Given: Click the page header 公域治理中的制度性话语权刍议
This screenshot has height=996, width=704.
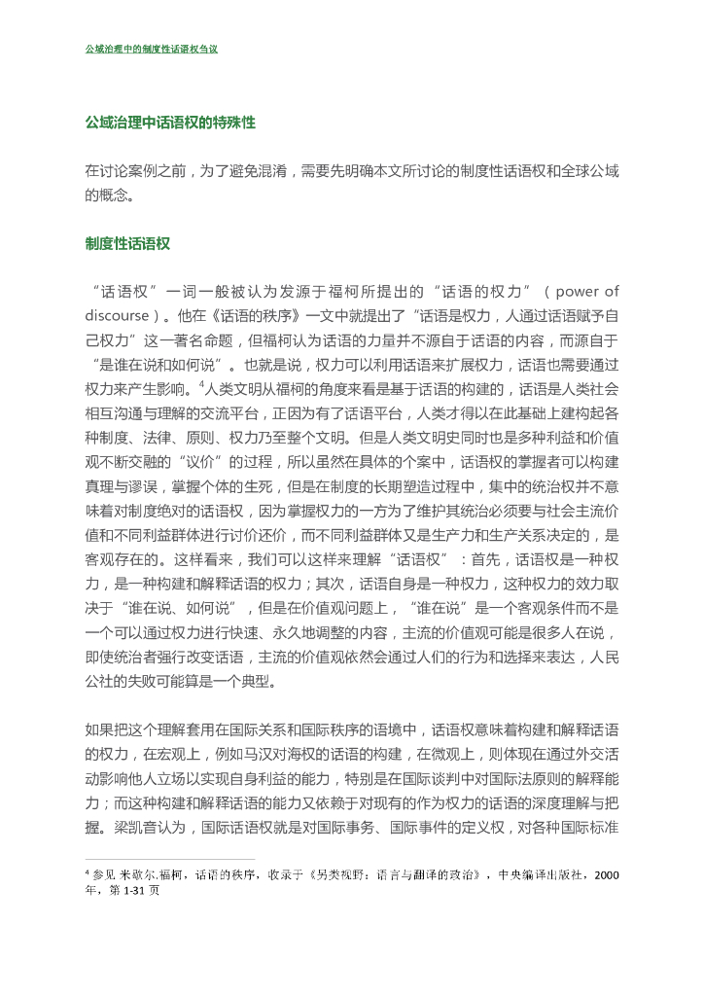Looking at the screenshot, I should [x=152, y=48].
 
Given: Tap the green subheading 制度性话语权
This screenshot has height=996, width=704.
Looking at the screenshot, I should [x=127, y=244].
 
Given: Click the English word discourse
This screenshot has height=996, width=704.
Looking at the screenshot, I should [x=117, y=314].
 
